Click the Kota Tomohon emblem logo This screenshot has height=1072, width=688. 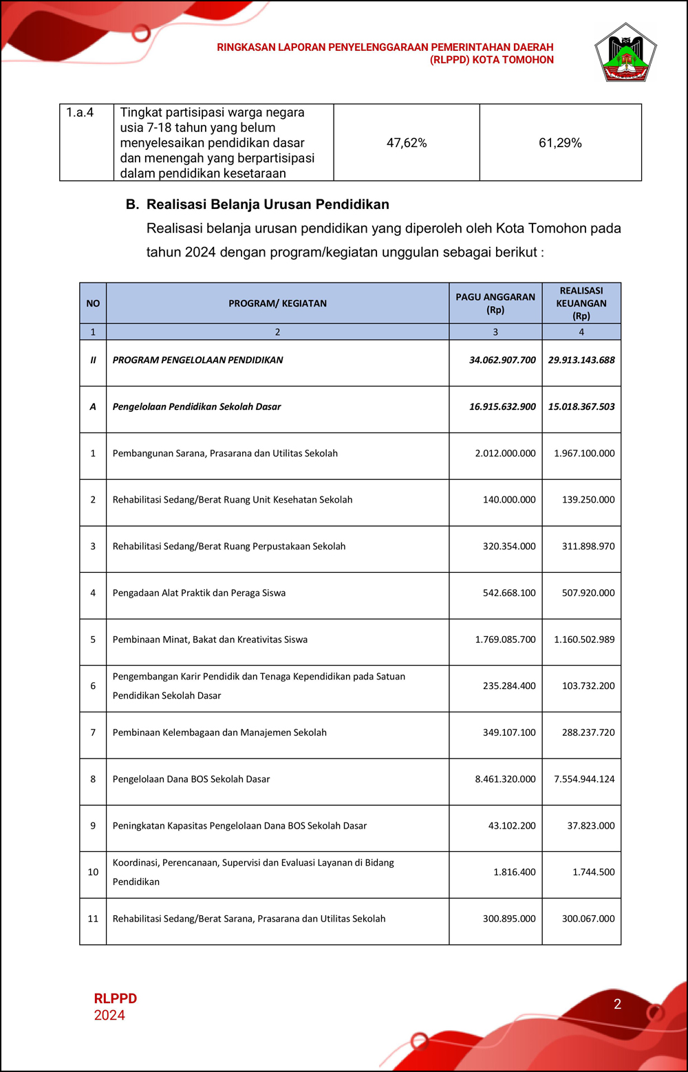pos(625,53)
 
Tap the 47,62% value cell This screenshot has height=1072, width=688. pos(407,143)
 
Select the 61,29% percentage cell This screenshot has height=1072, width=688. pos(560,143)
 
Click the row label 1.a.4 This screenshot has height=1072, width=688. pos(80,113)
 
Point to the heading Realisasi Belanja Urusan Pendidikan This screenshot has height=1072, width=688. pos(268,204)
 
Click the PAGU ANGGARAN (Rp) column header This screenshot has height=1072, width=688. pos(495,303)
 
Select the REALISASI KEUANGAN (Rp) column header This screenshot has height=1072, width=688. pos(581,303)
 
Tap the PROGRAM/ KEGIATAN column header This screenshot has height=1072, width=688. pos(277,303)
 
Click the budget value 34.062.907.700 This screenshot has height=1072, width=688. pos(502,360)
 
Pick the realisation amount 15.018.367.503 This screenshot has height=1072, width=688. pos(581,407)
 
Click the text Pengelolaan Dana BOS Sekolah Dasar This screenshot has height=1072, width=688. pos(191,779)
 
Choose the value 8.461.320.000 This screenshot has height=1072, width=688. pos(505,779)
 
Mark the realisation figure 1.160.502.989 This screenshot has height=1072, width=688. pos(584,639)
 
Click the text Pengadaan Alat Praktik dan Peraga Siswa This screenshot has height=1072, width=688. pos(199,593)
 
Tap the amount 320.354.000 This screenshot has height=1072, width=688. pos(509,547)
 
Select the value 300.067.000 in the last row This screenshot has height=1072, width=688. pos(588,919)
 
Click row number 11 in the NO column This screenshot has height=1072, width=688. pos(93,919)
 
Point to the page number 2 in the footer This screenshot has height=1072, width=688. pos(617,1004)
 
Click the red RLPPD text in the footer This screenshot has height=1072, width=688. pos(116,998)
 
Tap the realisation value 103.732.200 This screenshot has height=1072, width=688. pos(588,686)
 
